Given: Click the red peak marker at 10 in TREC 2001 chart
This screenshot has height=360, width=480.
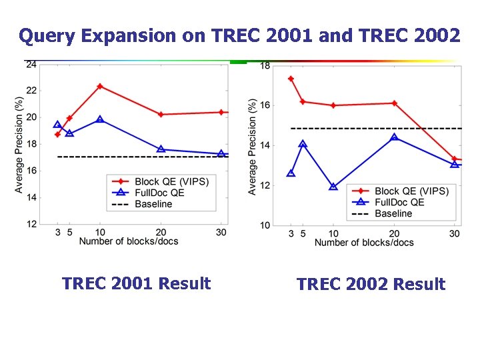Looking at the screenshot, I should [x=100, y=86].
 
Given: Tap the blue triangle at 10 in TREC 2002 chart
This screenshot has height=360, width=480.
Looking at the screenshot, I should [x=333, y=187].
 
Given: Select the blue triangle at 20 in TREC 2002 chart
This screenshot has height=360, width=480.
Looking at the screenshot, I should [x=394, y=137].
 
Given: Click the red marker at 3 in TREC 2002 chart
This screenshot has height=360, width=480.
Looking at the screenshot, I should [x=291, y=79].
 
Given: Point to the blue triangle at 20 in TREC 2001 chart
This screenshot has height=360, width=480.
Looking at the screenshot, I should [x=161, y=149].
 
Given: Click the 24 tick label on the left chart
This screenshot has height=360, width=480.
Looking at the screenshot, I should [x=31, y=65].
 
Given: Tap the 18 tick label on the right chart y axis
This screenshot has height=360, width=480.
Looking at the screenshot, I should [x=265, y=65].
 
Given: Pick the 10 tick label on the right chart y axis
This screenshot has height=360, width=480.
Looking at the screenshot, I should [x=265, y=225].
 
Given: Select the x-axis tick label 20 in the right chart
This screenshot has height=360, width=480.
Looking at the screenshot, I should [x=394, y=234].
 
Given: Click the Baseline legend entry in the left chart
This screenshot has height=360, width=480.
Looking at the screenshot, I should [x=153, y=204].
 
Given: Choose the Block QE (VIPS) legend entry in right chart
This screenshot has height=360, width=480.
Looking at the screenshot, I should [x=411, y=191].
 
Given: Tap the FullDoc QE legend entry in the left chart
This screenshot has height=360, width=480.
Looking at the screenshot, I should [x=159, y=193].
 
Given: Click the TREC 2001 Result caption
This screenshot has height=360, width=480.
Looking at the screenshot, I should [x=136, y=283].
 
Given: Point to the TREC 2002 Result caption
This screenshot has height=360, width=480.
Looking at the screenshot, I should [x=371, y=285].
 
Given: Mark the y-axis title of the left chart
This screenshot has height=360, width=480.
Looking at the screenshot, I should [x=19, y=145].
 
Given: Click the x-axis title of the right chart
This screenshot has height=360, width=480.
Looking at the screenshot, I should [x=364, y=243].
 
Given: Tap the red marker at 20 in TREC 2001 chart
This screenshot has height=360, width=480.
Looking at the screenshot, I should [x=161, y=115].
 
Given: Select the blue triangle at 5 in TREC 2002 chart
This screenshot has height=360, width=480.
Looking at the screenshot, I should [x=303, y=144].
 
